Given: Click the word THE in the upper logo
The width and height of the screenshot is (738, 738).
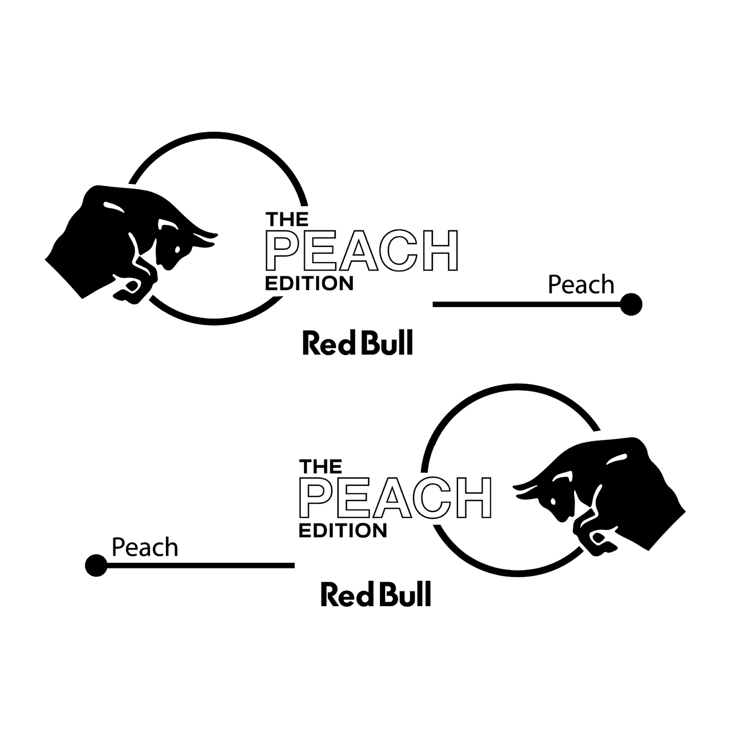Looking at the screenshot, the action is [x=287, y=220].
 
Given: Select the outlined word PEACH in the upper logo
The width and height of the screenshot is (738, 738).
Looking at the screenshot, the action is [x=362, y=251].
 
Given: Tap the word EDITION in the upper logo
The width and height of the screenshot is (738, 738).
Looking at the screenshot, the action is [x=309, y=284].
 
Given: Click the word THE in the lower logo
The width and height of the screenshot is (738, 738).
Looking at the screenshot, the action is [x=321, y=467].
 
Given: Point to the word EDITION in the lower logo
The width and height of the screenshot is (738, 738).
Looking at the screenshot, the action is [x=343, y=531].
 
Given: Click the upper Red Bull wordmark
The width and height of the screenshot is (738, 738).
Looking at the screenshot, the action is [x=358, y=343].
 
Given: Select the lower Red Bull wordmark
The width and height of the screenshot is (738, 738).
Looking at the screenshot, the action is [x=376, y=594].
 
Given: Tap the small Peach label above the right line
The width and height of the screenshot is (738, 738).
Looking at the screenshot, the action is [x=581, y=285].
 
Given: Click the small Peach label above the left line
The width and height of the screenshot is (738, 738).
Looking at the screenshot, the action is [x=145, y=547].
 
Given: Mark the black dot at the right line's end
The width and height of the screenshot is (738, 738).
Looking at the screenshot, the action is [x=631, y=304].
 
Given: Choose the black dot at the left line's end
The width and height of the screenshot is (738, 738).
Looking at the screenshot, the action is [x=96, y=565].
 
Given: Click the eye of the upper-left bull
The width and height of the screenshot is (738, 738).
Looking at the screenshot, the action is [x=177, y=249].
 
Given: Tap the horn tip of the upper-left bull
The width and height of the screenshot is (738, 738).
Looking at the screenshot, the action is [x=217, y=234].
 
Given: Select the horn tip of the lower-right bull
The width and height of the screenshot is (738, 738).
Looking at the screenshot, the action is [x=514, y=486].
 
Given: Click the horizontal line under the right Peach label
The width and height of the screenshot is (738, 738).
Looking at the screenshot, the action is [x=527, y=304].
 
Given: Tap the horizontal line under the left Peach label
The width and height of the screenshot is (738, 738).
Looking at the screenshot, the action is [x=201, y=565].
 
